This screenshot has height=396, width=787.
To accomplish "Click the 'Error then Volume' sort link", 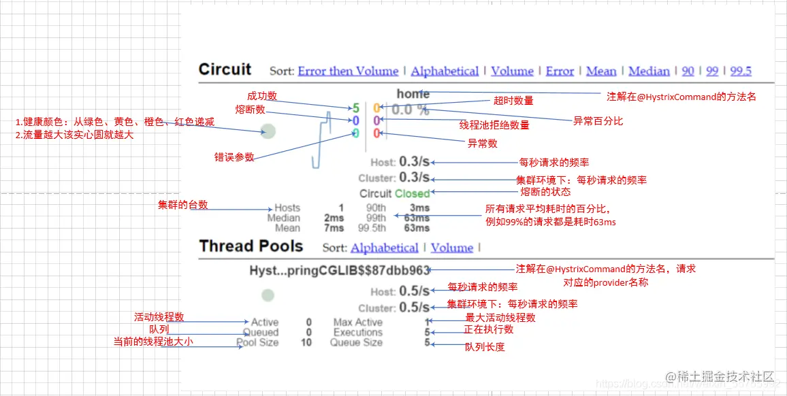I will (348, 71).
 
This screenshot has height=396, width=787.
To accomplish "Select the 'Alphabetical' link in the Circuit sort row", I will (445, 71).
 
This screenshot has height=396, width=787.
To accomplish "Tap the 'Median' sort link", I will (649, 71).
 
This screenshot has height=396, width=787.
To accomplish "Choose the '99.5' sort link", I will (741, 71).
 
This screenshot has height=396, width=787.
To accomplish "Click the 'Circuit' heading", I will (225, 69).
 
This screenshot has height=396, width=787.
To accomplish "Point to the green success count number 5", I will (355, 108).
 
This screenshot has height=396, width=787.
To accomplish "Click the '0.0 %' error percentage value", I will (411, 110).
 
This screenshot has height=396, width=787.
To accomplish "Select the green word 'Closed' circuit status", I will (412, 193).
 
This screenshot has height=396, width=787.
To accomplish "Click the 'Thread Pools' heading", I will (251, 246).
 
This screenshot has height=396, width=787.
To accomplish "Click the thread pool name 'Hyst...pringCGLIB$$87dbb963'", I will (340, 270).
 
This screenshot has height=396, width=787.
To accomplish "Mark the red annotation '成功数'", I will (261, 96).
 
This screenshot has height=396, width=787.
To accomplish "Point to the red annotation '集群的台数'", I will (182, 205).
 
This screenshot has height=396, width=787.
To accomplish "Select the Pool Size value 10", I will (306, 342).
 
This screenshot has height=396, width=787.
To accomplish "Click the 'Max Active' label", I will (357, 322).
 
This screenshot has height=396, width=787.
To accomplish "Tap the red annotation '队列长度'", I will (485, 347).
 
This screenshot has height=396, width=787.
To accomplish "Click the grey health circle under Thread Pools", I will (268, 295).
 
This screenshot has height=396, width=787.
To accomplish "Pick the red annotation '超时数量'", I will (513, 101).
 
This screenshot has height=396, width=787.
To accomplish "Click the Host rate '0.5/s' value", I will (414, 291).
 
